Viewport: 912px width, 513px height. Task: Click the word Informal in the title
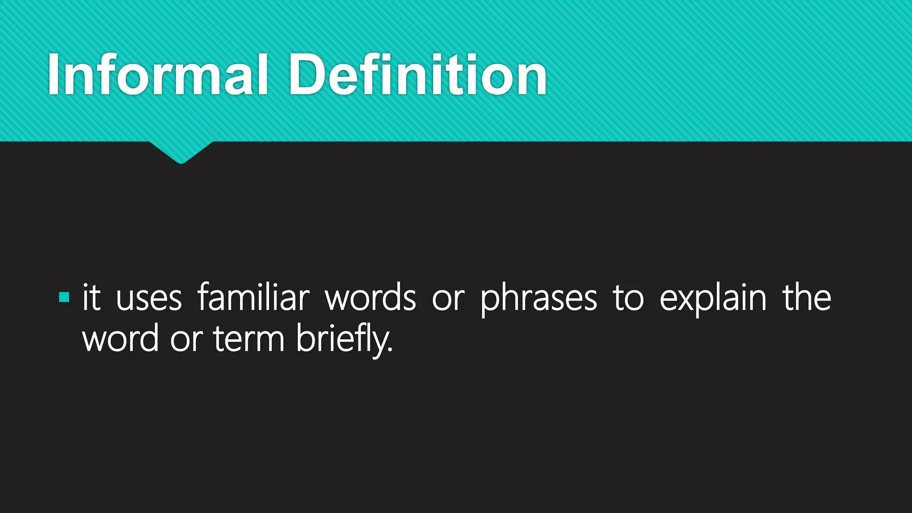point(158,74)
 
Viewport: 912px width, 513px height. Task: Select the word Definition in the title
point(418,74)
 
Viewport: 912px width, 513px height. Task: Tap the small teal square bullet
point(64,297)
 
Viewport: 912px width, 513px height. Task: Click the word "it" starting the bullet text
point(92,297)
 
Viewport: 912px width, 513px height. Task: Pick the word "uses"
point(149,298)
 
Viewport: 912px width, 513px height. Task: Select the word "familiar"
point(253,297)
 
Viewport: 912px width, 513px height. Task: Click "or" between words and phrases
point(448,299)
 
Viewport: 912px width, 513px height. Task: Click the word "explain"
point(713,298)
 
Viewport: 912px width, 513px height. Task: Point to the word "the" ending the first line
point(806,297)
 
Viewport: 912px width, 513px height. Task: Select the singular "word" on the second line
point(120,338)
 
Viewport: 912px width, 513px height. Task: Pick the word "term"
point(248,339)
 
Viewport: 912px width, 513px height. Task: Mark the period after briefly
point(391,350)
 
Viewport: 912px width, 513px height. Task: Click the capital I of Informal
point(54,74)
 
